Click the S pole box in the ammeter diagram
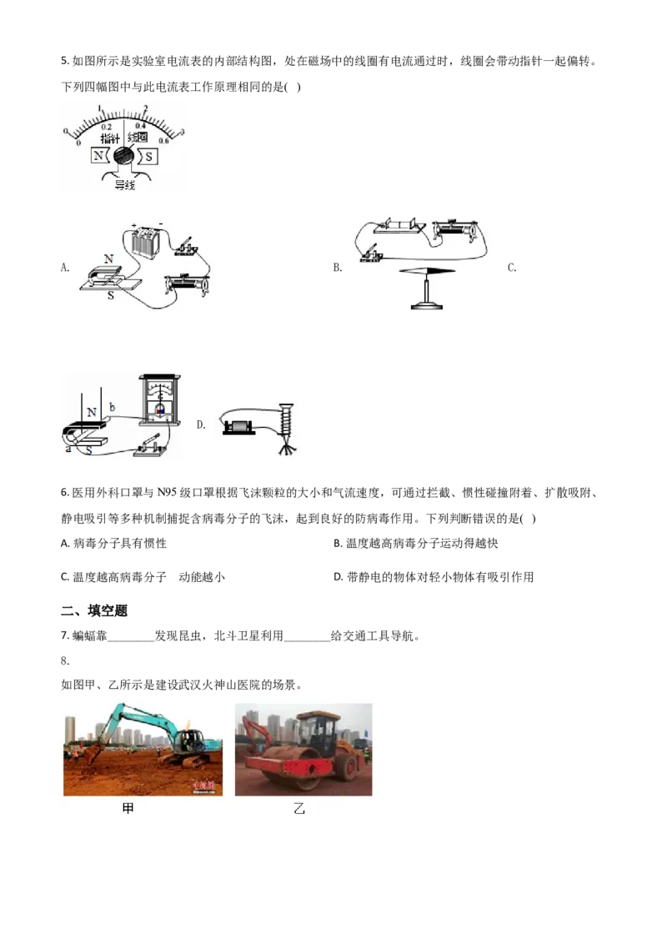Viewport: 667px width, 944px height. tap(149, 156)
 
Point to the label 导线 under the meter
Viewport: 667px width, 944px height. tap(123, 186)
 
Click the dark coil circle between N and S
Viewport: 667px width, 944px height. tap(124, 156)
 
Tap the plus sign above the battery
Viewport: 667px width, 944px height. tap(133, 225)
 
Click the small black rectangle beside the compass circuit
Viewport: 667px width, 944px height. tap(336, 267)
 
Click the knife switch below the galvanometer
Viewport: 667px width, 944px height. tap(152, 449)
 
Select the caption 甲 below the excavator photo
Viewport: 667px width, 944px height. tap(128, 809)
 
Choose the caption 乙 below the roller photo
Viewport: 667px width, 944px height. tap(300, 809)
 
